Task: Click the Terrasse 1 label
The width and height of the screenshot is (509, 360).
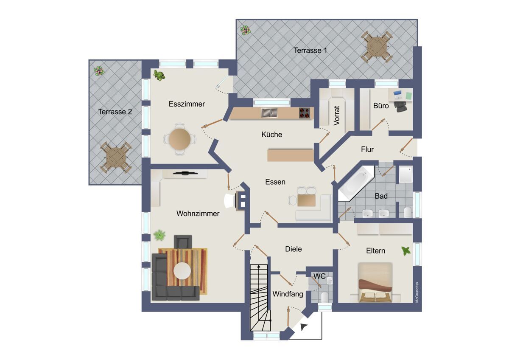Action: click(x=310, y=50)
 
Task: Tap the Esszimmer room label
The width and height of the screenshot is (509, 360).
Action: click(x=187, y=104)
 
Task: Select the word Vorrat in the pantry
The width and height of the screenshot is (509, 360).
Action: click(x=336, y=115)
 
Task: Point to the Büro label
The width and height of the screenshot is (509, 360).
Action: click(x=381, y=106)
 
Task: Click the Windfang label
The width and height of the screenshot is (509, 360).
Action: click(x=288, y=294)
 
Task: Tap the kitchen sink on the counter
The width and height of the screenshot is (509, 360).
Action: click(x=269, y=113)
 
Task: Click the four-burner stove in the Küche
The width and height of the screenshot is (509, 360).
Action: click(x=305, y=113)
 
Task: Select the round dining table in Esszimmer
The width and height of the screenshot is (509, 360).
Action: click(x=179, y=139)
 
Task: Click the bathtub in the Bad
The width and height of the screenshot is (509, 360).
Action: click(x=355, y=183)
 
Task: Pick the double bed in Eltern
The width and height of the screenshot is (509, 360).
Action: click(x=375, y=283)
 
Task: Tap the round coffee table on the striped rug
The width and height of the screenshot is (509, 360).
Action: click(x=182, y=271)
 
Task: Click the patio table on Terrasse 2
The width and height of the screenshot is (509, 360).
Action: click(x=116, y=157)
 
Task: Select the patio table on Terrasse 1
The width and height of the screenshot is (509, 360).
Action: click(x=377, y=47)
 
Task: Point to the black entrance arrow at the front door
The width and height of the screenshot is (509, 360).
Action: click(x=304, y=327)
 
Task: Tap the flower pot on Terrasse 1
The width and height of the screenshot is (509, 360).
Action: click(x=246, y=30)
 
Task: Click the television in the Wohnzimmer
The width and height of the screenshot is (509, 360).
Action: click(x=185, y=173)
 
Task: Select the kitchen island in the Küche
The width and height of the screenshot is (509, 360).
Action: click(x=291, y=155)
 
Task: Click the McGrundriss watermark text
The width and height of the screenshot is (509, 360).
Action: click(x=417, y=292)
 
